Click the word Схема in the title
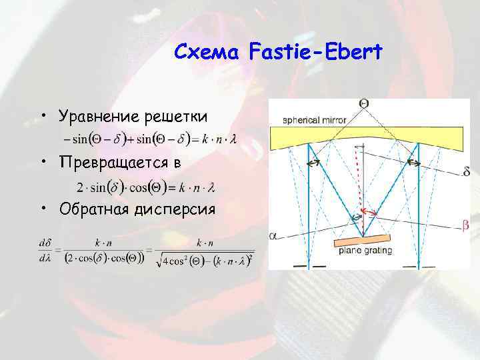pos(207,51)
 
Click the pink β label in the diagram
pos(465,226)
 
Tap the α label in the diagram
pos(273,235)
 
